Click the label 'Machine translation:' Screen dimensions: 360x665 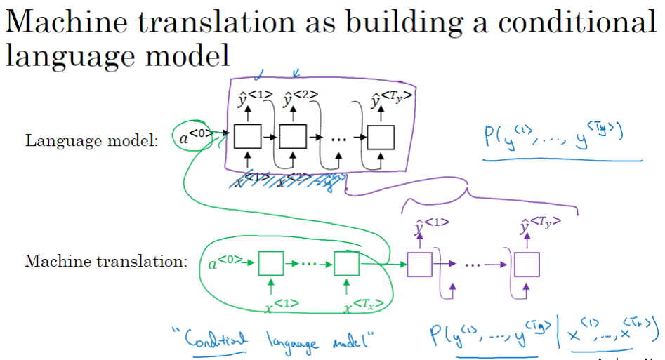point(106,262)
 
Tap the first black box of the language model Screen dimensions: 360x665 point(246,135)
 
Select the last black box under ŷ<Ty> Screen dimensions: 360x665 point(380,135)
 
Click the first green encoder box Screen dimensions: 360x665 point(270,264)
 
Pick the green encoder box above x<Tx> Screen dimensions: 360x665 point(347,264)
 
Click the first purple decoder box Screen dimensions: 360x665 point(420,265)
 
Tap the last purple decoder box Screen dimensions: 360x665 point(526,265)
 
